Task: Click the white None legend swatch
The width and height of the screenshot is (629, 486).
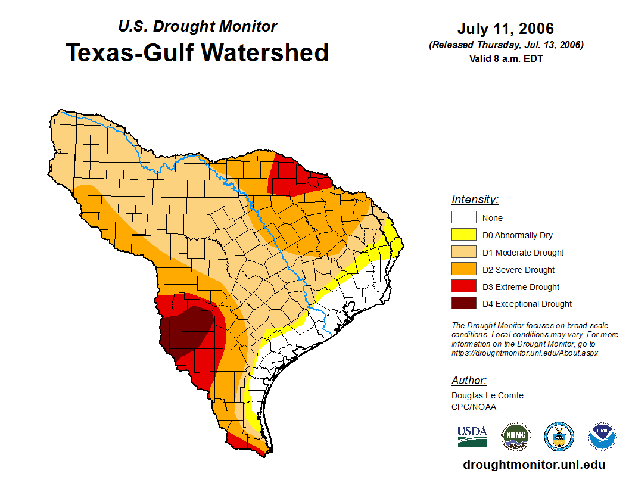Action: pyautogui.click(x=463, y=218)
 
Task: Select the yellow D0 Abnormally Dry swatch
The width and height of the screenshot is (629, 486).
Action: pyautogui.click(x=463, y=235)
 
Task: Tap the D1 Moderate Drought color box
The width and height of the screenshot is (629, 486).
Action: pyautogui.click(x=463, y=253)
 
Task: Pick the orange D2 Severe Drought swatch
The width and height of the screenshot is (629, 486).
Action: pyautogui.click(x=463, y=270)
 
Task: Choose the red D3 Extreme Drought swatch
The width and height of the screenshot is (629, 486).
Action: pyautogui.click(x=463, y=286)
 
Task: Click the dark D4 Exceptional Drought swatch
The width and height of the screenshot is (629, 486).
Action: pyautogui.click(x=463, y=304)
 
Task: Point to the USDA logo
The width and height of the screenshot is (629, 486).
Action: pyautogui.click(x=472, y=437)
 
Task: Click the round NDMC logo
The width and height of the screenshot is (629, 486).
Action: pyautogui.click(x=515, y=437)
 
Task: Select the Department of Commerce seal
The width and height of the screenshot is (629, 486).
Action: pyautogui.click(x=559, y=437)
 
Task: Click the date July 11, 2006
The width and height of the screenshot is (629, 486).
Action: pyautogui.click(x=506, y=29)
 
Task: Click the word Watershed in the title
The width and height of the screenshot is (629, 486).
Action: pyautogui.click(x=264, y=53)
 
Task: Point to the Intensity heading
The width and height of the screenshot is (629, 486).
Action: pyautogui.click(x=475, y=200)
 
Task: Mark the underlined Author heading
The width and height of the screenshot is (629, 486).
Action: pyautogui.click(x=469, y=381)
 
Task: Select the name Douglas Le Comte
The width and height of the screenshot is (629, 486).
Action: pyautogui.click(x=487, y=395)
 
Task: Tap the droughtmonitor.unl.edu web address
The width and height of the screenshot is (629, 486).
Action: pyautogui.click(x=534, y=465)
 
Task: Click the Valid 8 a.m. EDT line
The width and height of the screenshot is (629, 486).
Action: pyautogui.click(x=506, y=58)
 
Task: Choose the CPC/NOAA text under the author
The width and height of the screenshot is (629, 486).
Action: pyautogui.click(x=474, y=407)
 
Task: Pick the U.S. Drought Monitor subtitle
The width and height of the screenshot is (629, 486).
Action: pyautogui.click(x=197, y=27)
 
